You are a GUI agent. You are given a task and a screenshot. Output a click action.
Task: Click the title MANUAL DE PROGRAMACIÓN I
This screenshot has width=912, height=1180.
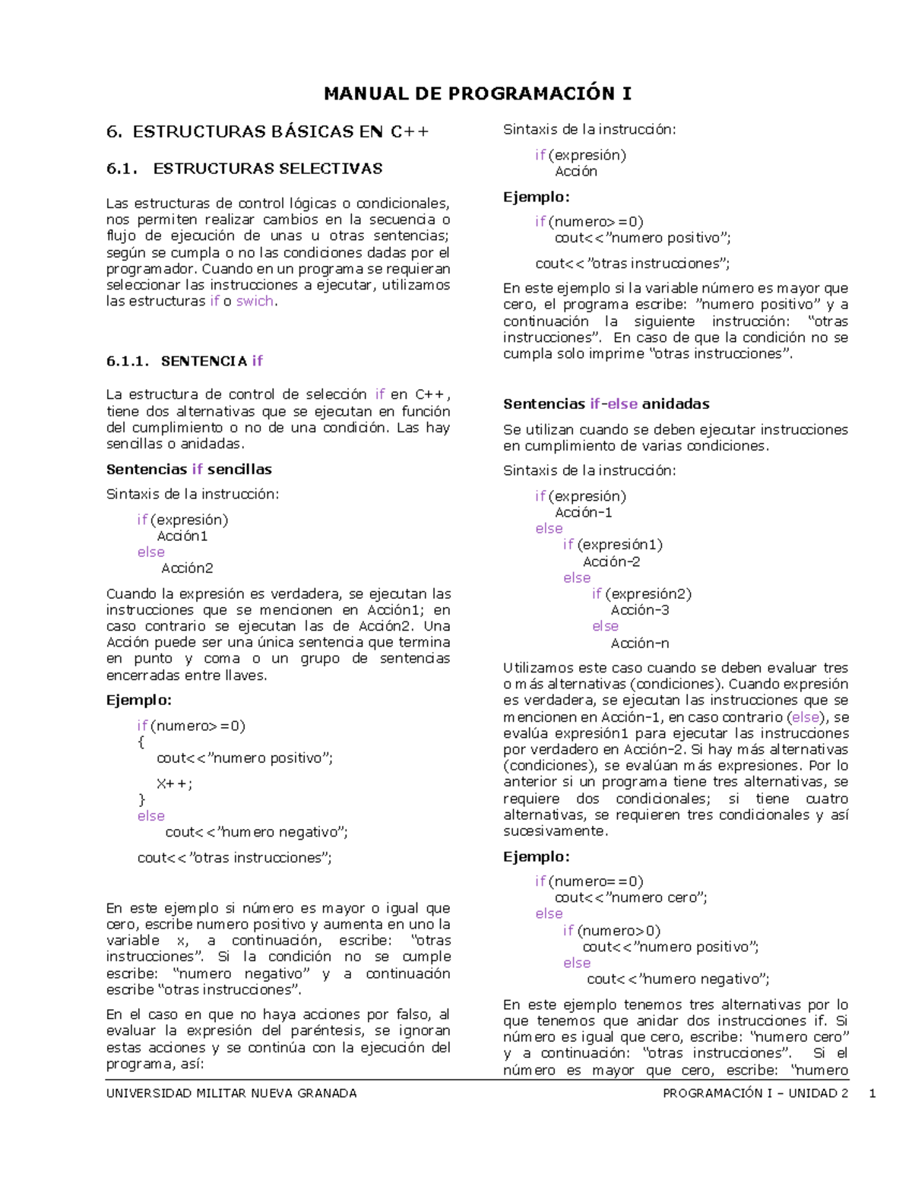coord(477,93)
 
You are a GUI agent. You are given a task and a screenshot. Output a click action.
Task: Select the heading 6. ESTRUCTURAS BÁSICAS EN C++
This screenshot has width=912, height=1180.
coord(268,132)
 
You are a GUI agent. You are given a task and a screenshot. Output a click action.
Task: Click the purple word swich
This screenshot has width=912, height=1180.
coord(255,301)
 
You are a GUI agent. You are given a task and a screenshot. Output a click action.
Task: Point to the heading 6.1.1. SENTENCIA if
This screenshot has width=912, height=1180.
coord(185,361)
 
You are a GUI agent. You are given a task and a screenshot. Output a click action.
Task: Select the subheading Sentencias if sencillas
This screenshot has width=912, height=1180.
coord(188,470)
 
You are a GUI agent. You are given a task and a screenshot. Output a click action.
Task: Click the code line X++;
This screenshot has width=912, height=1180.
coord(174,783)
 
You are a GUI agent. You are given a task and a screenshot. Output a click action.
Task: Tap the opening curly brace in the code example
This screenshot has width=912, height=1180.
coord(141,742)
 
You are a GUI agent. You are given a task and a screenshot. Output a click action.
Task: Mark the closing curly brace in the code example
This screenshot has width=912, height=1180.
coord(141,799)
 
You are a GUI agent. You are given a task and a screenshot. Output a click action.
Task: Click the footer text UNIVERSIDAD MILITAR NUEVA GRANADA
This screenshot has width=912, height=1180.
coord(231,1093)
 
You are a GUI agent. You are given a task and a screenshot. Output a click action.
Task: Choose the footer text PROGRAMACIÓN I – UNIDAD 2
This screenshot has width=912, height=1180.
coord(755,1093)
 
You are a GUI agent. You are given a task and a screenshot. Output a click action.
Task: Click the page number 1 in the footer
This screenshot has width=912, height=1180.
coord(872,1093)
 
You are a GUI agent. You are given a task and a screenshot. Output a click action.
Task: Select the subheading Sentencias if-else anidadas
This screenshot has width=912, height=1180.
coord(606,404)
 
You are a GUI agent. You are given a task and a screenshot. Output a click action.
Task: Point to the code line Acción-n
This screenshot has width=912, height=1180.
coord(639,644)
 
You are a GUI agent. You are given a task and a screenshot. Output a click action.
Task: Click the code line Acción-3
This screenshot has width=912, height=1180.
coord(639,610)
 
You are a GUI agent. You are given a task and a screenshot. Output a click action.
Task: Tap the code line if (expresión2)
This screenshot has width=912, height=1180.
coord(641,594)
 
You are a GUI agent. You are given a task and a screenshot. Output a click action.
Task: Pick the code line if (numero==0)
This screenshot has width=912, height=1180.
coord(588,881)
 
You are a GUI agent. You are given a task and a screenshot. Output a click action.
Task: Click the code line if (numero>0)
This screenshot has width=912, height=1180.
coord(611,931)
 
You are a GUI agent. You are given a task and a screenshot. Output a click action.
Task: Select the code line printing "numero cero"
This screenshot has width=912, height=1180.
coord(631,897)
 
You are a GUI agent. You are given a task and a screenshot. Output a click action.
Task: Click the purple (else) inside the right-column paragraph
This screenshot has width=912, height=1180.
coord(806,717)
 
